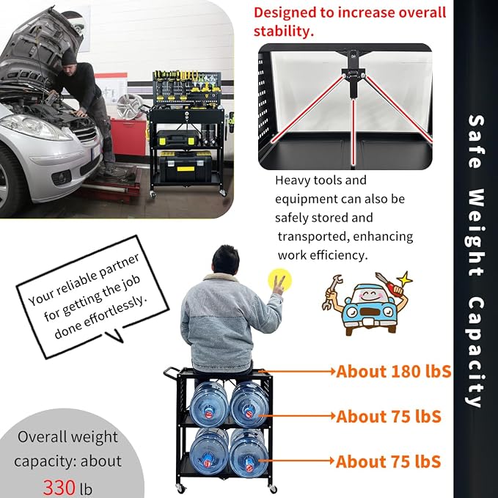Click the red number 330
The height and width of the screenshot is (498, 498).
pos(59,488)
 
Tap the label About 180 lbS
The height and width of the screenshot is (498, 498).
pos(394,371)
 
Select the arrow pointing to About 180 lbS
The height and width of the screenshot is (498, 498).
pos(297,370)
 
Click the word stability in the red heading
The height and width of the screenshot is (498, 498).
pos(283,31)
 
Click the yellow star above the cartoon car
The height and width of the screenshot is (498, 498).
pos(404,279)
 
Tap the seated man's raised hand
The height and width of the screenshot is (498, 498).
pos(279,285)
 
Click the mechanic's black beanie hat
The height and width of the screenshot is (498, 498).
pos(69,57)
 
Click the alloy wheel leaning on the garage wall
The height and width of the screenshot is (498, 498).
pos(130,106)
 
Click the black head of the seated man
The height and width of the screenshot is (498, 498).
pos(225,260)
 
